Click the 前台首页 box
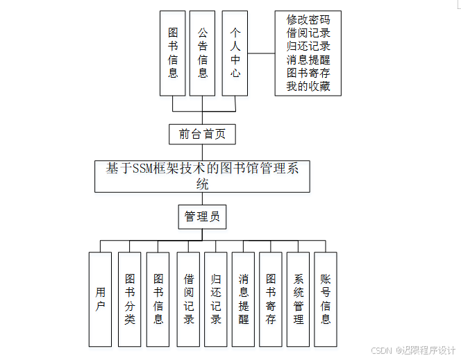[x=202, y=134]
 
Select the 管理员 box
[x=202, y=216]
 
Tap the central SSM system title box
[x=202, y=175]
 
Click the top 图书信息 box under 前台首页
[x=173, y=53]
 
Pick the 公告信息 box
[x=203, y=53]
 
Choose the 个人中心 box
[x=235, y=53]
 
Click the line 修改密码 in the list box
[x=308, y=20]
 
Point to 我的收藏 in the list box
[x=308, y=87]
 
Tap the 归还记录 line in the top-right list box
[x=308, y=46]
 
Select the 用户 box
[x=100, y=299]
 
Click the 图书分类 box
[x=129, y=299]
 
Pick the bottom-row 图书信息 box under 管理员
[x=158, y=299]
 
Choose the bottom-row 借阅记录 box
[x=188, y=299]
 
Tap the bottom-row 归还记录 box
[x=215, y=299]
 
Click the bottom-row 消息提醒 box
[x=243, y=299]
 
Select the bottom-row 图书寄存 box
[x=271, y=299]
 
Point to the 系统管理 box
[x=298, y=299]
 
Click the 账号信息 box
[x=325, y=299]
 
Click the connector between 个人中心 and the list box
[x=261, y=53]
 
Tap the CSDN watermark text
[x=413, y=350]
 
